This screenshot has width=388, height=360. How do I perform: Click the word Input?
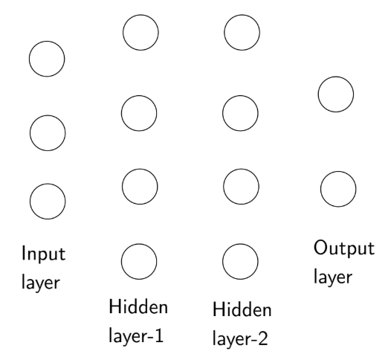pos(44,254)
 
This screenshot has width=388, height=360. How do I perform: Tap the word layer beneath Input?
pos(41,282)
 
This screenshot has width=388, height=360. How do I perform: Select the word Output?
pos(344,248)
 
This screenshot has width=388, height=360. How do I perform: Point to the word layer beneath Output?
pos(333,277)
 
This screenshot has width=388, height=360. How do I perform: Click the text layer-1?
pos(136,336)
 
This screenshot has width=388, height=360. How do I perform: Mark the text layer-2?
pos(240,338)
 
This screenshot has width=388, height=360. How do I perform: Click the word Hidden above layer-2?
pos(242,310)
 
